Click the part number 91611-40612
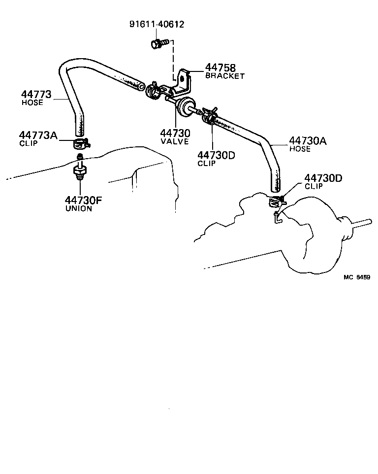(157, 24)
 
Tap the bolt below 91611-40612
(159, 43)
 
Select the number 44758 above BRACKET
(220, 68)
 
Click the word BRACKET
(225, 75)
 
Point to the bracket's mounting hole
(182, 79)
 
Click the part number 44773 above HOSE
(36, 94)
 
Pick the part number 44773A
(38, 135)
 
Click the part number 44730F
(84, 200)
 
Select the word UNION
(79, 208)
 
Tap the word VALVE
(175, 141)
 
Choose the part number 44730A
(308, 141)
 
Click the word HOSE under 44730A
(300, 149)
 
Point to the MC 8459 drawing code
(357, 277)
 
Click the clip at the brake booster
(276, 201)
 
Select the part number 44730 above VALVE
(175, 133)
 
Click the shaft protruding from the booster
(359, 224)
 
